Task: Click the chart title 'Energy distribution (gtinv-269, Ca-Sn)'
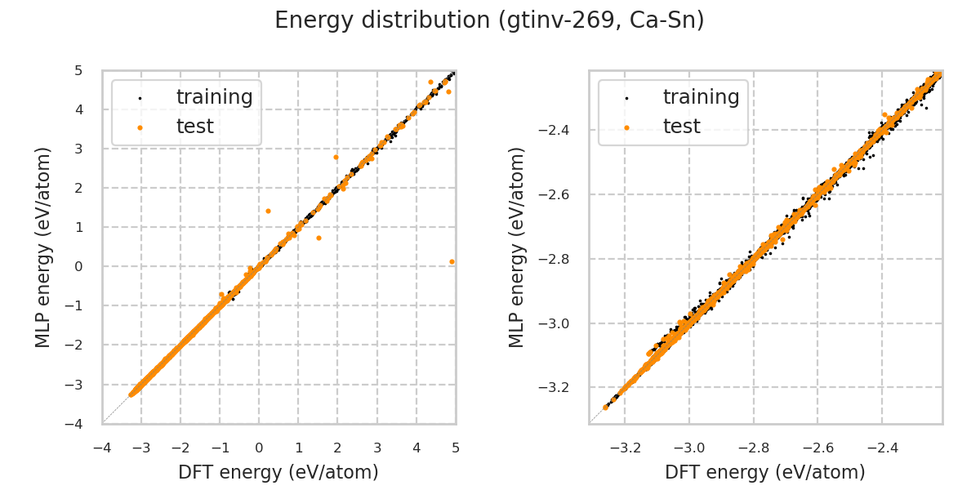pos(489,20)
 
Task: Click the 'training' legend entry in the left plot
pos(214,97)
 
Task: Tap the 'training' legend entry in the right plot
pos(701,97)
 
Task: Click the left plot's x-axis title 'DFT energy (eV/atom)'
pos(278,472)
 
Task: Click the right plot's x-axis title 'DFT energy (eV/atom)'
pos(765,472)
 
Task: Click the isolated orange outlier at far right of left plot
pos(452,261)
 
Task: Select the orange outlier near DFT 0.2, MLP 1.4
pos(268,211)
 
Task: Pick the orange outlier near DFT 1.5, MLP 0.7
pos(318,238)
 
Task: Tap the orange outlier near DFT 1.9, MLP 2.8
pos(336,157)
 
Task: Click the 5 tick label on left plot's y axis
pos(78,70)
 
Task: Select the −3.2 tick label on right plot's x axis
pos(624,448)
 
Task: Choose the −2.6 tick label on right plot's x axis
pos(817,448)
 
